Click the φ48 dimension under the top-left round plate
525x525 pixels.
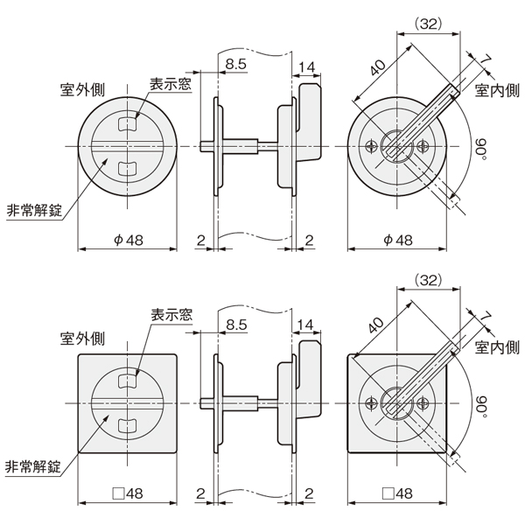[x=129, y=240]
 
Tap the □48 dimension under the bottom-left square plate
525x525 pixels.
[x=128, y=493]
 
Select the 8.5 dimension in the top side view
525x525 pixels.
[x=235, y=64]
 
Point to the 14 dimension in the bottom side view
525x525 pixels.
[x=306, y=325]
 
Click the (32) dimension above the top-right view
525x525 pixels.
[x=429, y=24]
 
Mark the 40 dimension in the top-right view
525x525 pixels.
[x=378, y=68]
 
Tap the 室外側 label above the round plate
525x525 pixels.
[x=82, y=90]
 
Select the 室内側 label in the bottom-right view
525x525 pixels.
[x=497, y=348]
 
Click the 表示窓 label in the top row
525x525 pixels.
[x=171, y=84]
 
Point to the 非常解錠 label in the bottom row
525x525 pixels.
[x=33, y=466]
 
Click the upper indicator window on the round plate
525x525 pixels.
[x=128, y=124]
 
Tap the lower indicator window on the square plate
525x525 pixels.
[x=128, y=424]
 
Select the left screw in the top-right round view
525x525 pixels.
[x=371, y=146]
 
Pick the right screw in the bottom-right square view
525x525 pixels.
[x=423, y=403]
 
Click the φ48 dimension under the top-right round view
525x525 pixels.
[x=398, y=240]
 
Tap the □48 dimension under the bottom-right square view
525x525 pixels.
[x=397, y=493]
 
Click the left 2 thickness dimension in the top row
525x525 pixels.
[x=200, y=240]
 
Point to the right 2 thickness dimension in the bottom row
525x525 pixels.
[x=309, y=493]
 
